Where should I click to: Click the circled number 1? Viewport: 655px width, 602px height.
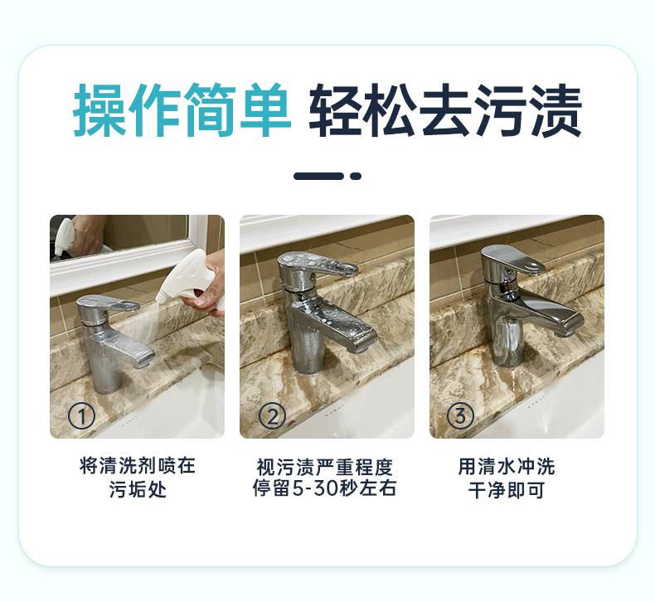coord(81,416)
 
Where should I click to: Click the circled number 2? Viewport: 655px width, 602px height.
coord(272,416)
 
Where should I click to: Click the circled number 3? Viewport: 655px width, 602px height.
coord(460,416)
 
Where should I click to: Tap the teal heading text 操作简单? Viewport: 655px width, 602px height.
coord(182,110)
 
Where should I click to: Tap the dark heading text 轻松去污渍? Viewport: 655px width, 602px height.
coord(446,110)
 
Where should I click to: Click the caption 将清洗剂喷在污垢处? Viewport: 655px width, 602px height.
coord(138,478)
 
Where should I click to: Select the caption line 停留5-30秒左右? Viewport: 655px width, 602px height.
coord(324,488)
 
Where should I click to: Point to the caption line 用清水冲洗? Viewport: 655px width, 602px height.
coord(507,466)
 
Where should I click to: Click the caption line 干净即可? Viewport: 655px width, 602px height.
coord(507,489)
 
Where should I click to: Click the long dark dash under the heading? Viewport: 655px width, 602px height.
coord(318,176)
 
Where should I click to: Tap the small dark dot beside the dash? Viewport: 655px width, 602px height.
coord(356,176)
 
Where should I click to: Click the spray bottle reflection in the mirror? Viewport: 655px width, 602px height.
coord(65,236)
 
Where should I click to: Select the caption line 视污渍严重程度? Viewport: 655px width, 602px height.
coord(324,466)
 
